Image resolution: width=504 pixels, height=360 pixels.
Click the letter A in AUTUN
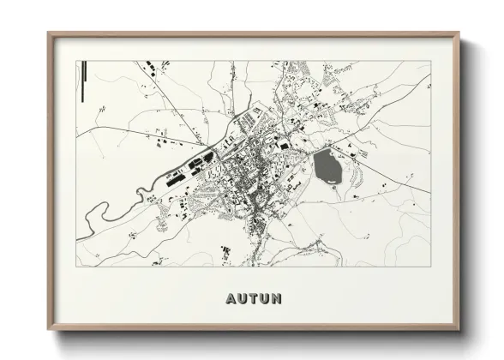231,299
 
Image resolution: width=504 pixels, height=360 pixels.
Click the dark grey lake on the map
327,165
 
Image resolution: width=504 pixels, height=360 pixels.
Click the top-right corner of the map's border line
430,59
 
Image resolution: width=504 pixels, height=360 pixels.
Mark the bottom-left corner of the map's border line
77,265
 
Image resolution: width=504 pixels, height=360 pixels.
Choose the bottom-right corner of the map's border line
430,265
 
